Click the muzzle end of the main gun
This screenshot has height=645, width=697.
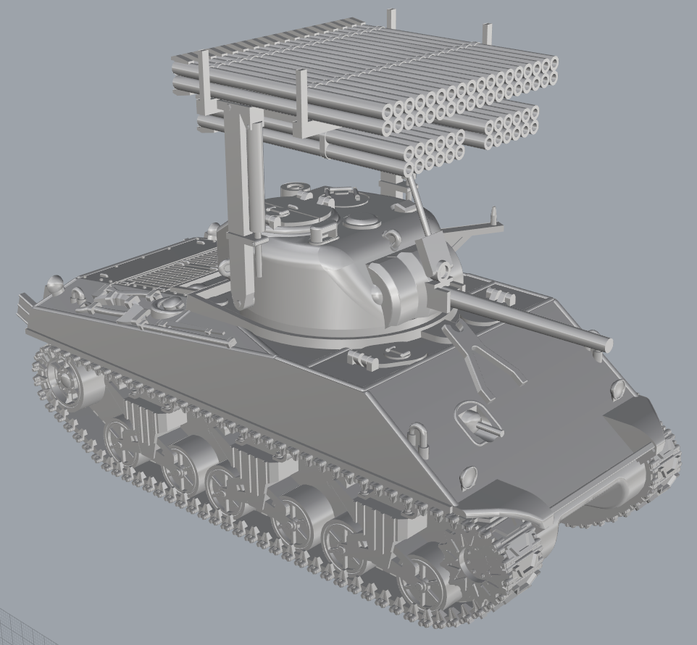pos(604,343)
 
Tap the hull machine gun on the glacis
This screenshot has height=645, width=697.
pos(480,423)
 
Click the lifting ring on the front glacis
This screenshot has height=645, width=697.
pos(418,438)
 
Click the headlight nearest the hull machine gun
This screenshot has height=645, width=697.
pos(468,476)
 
